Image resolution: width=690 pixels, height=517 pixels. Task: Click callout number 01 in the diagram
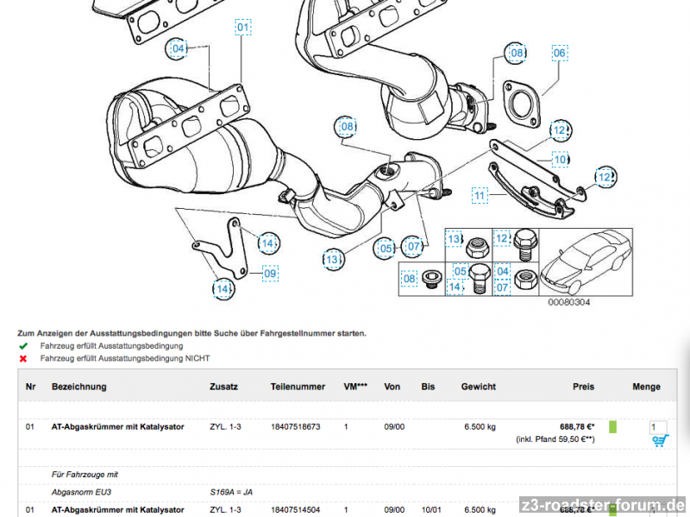(243, 28)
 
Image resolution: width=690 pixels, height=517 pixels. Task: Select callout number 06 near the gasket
(559, 54)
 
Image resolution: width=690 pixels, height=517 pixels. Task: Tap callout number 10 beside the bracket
(561, 160)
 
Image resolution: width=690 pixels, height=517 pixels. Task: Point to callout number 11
(480, 196)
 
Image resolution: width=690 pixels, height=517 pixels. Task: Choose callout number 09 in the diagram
(270, 274)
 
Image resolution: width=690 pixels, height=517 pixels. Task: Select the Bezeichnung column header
(78, 387)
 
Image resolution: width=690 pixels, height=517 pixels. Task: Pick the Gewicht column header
(478, 387)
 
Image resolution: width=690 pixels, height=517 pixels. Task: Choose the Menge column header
(646, 387)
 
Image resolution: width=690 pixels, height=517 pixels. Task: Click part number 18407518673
(295, 426)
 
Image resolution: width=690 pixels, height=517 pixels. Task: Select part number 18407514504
(295, 510)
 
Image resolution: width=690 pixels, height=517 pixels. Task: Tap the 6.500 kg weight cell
(480, 426)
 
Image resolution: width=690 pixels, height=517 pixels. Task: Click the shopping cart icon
(660, 441)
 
